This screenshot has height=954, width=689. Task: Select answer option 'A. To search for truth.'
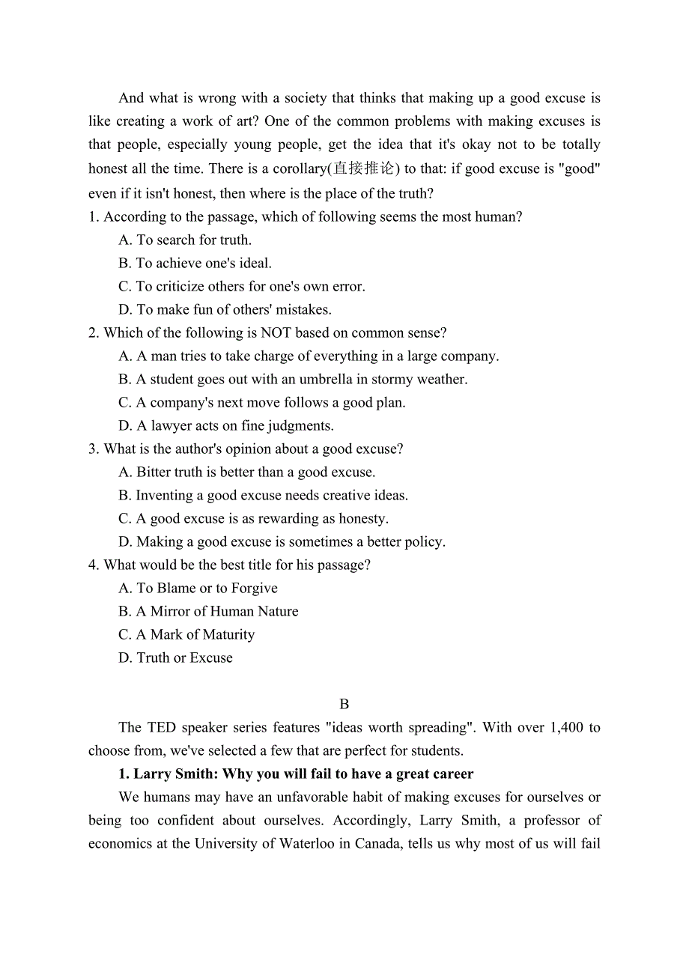pos(185,240)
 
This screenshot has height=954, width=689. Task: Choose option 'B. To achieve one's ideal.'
pos(195,263)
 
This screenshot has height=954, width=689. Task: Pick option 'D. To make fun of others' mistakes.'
pos(225,309)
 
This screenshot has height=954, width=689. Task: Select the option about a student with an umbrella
pos(293,379)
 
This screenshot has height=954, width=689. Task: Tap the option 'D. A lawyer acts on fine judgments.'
pos(225,425)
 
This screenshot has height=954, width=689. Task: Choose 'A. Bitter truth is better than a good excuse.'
pos(247,472)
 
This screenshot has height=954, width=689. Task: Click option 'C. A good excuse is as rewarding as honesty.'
pos(253,518)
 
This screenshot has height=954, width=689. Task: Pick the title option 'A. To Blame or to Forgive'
pos(198,588)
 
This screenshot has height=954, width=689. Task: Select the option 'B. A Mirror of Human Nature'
pos(208,611)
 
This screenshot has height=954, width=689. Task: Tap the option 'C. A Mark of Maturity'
pos(186,634)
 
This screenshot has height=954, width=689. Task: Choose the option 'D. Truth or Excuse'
pos(175,657)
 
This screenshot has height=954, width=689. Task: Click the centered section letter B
pos(344,704)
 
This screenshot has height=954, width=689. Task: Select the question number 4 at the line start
pos(93,565)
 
